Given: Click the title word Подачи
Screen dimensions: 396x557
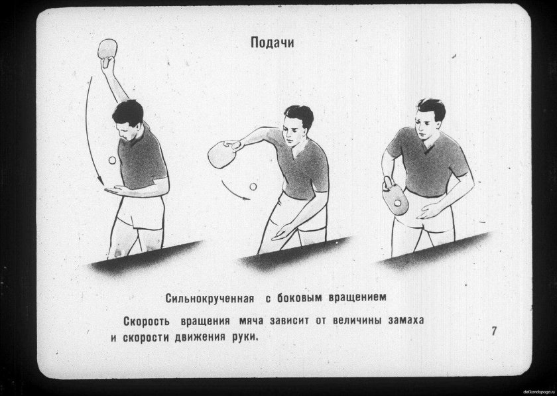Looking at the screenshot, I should tap(272, 42).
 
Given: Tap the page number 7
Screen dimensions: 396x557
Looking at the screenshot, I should tap(494, 331).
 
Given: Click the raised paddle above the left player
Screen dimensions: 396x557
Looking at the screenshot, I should tap(106, 50).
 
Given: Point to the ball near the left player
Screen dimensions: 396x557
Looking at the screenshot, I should tap(111, 161).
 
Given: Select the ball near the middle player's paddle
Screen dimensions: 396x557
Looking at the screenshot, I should tap(252, 188).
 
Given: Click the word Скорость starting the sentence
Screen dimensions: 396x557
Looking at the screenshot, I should tap(147, 320).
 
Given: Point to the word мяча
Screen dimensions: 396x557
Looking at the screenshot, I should tap(249, 320).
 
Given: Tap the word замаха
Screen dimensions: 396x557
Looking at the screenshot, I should tap(402, 320).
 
